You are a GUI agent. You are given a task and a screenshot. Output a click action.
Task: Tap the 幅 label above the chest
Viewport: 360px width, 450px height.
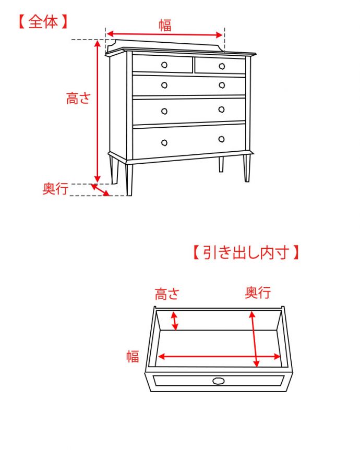tap(165, 25)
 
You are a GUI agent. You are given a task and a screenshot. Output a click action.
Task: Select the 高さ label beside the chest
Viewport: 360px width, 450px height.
tap(78, 98)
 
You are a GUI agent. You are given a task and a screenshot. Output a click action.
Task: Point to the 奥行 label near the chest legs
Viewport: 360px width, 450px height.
tap(55, 189)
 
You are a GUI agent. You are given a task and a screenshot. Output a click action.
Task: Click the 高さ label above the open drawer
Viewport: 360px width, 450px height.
tap(167, 294)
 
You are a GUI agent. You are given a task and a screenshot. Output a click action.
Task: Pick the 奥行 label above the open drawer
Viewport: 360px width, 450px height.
tap(258, 293)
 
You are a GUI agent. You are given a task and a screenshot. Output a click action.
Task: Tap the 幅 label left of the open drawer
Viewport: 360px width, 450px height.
tap(133, 357)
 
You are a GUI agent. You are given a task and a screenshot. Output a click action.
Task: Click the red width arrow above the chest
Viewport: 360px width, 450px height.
tap(165, 35)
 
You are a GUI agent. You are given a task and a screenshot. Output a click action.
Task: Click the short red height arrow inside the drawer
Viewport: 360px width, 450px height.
tap(175, 320)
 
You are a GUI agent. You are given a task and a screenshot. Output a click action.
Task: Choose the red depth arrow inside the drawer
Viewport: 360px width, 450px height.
tap(254, 339)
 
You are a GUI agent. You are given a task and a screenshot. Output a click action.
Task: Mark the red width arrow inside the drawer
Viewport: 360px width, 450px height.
tap(219, 357)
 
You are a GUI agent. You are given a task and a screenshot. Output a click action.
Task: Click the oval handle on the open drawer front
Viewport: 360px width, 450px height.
tap(219, 381)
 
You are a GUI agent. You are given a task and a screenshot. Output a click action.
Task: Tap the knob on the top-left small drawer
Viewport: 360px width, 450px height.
tap(164, 65)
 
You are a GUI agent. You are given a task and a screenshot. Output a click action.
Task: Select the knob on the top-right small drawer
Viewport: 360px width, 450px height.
tap(222, 66)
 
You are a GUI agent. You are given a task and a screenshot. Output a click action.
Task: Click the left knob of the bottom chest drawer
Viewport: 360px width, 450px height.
tap(164, 142)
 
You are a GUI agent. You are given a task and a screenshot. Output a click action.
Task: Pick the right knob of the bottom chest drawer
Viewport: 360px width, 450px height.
tap(221, 139)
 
